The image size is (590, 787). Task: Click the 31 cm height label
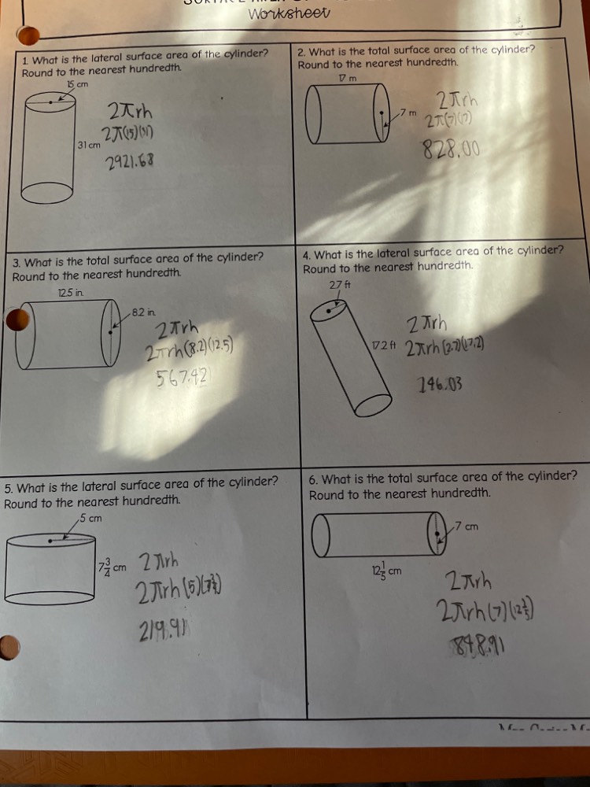point(88,146)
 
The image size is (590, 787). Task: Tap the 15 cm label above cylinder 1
point(77,84)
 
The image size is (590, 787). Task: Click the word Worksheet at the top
point(289,14)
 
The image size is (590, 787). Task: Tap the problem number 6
point(313,478)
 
